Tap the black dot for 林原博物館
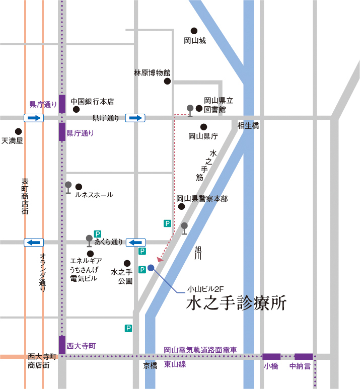[x=167, y=81]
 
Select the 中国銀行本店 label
[x=92, y=102]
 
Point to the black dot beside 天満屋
[x=19, y=131]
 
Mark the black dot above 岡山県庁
[x=204, y=127]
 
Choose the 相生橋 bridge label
[x=248, y=125]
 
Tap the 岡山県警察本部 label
[x=202, y=199]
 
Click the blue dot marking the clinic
[x=151, y=267]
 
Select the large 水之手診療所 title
[x=236, y=303]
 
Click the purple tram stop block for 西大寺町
[x=62, y=345]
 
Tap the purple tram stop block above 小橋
[x=271, y=356]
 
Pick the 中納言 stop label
[x=300, y=366]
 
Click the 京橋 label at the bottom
[x=151, y=366]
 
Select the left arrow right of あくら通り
[x=135, y=243]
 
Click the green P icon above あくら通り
[x=98, y=234]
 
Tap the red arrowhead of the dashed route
[x=160, y=260]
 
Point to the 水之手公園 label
[x=121, y=276]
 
